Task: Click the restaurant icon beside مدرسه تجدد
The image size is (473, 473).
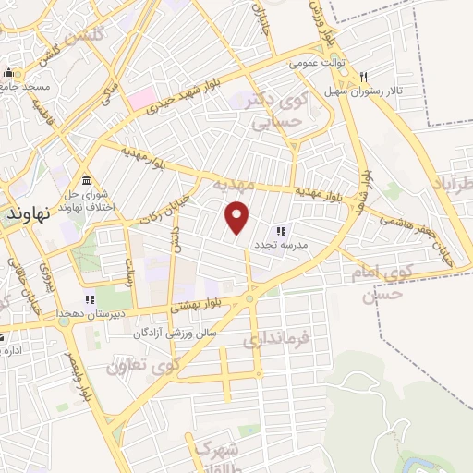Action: tap(280, 231)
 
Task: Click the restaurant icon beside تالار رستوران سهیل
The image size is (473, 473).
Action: tap(365, 77)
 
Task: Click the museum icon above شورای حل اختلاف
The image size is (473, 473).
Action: tap(86, 179)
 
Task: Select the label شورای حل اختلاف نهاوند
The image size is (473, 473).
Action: tap(81, 200)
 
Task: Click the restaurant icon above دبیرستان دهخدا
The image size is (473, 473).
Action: tap(90, 299)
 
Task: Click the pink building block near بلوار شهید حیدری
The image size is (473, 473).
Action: tap(142, 98)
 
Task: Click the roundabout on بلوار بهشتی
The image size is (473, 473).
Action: tap(249, 298)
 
